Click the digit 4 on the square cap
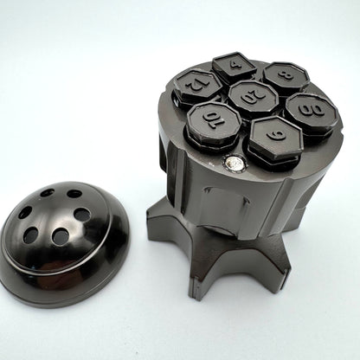(236, 64)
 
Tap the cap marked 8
(286, 76)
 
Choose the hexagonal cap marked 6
(275, 138)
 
